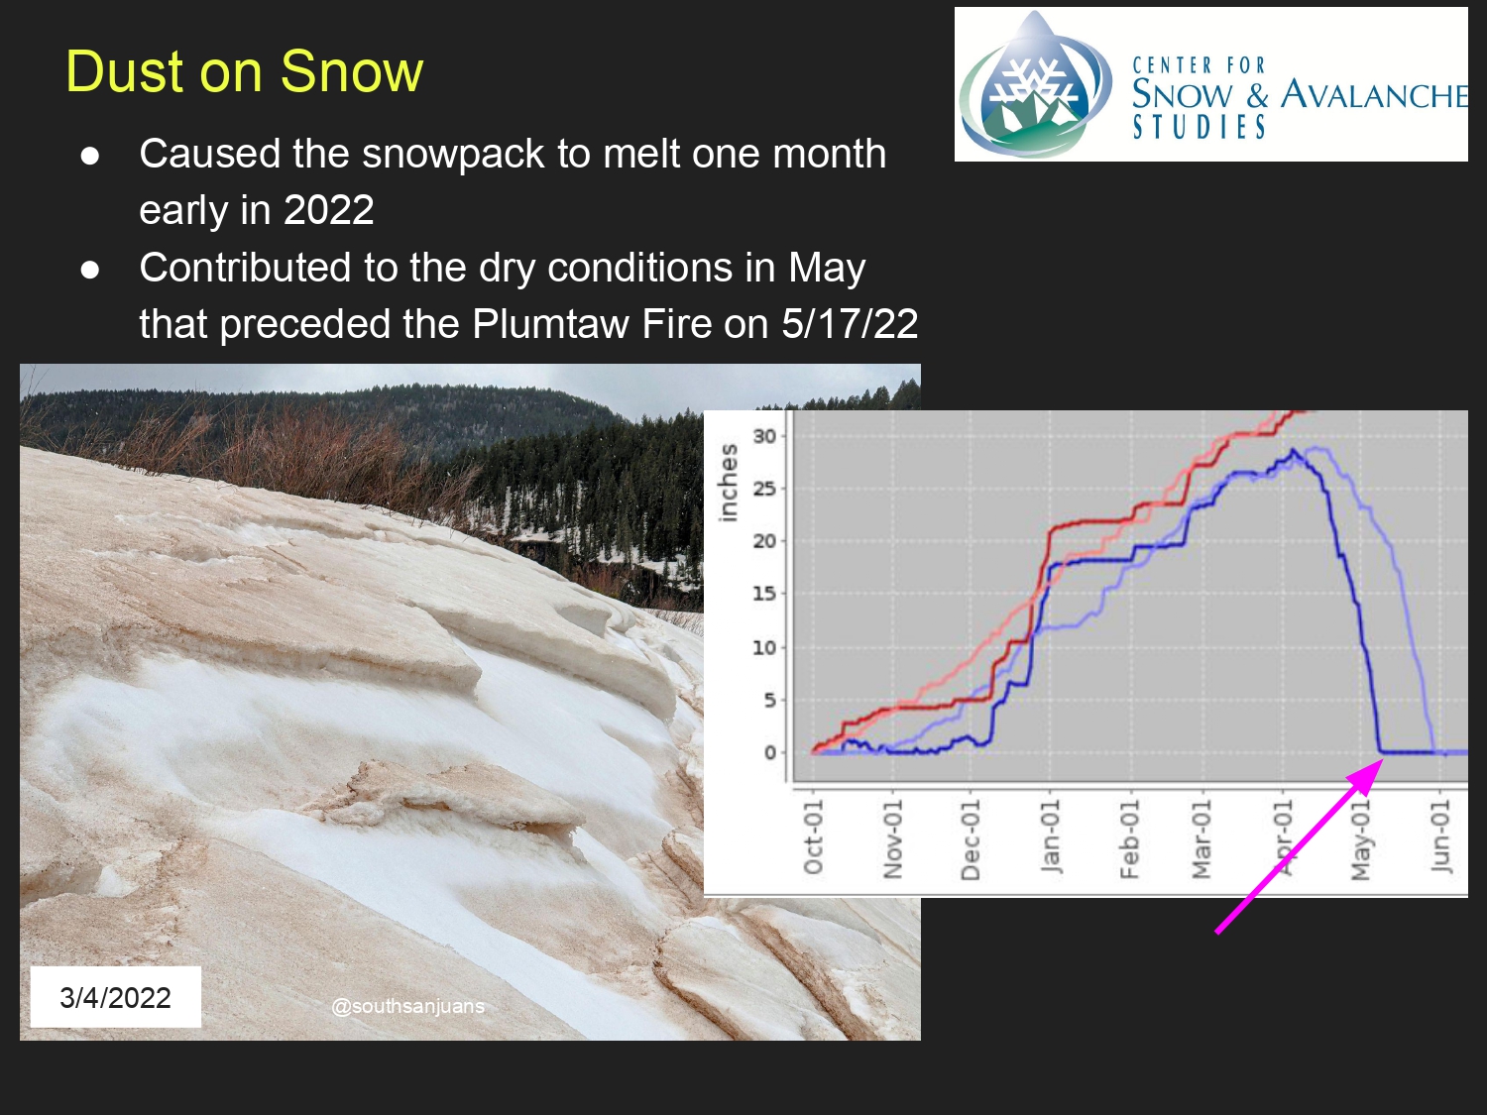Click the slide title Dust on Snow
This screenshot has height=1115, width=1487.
point(244,71)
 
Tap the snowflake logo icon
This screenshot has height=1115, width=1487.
point(1035,85)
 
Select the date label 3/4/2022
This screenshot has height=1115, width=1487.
point(115,997)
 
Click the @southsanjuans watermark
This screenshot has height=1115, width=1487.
point(407,1007)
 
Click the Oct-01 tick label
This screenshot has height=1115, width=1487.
point(813,836)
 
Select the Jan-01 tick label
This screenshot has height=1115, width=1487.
point(1050,836)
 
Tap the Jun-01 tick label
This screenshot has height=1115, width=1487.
point(1440,836)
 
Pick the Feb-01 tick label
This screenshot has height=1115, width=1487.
point(1128,838)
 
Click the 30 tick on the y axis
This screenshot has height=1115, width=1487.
point(765,436)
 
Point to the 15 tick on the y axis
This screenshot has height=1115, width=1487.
point(765,594)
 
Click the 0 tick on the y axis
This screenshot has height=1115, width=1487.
point(770,752)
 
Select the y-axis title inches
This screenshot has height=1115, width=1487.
point(728,483)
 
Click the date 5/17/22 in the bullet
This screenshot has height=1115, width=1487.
point(850,324)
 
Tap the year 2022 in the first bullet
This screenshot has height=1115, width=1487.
point(328,210)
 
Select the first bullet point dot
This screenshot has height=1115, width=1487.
point(90,156)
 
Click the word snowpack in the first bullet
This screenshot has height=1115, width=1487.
point(453,155)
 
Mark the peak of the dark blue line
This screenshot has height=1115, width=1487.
point(1294,450)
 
